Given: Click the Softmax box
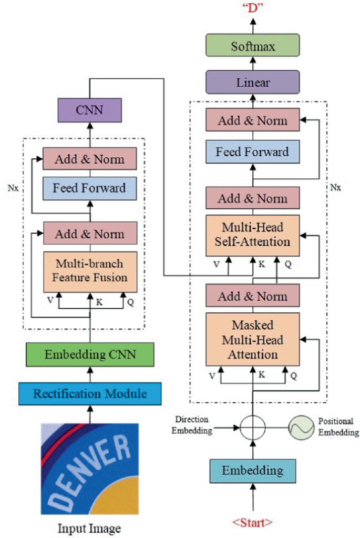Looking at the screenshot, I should point(253,46).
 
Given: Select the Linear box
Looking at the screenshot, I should point(253,83).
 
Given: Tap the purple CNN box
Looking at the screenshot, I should point(89,110).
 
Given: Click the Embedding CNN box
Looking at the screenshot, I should point(89,354).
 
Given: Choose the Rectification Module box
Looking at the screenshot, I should point(89,393).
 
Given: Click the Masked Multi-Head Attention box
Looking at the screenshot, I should point(253,339).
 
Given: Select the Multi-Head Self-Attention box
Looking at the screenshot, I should point(253,235).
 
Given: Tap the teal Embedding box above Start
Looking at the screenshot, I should point(253,470).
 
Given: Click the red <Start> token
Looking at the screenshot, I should point(253,523).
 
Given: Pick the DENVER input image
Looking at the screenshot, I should point(89,469).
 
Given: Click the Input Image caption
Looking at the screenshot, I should point(89,527).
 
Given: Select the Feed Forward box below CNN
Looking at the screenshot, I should point(89,188).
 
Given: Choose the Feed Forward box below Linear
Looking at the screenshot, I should point(253,152).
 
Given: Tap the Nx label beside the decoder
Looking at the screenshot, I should point(335,187).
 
